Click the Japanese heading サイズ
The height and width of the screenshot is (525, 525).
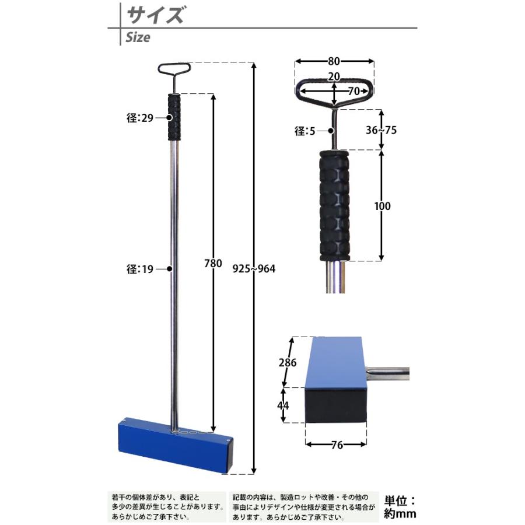tap(155, 14)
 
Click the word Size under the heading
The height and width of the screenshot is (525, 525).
tap(138, 38)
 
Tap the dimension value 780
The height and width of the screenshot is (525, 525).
tap(213, 263)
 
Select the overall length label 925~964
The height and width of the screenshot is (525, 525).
tap(254, 269)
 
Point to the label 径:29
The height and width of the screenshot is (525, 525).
tap(139, 118)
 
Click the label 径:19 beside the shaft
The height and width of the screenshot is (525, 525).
tap(139, 269)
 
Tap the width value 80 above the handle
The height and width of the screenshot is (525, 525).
tap(334, 61)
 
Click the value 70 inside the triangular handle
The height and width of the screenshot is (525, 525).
tap(353, 91)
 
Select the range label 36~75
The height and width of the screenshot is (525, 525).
tap(381, 130)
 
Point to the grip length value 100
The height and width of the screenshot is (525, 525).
tap(383, 206)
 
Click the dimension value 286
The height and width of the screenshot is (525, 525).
tap(288, 362)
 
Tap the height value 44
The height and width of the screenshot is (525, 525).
tap(283, 404)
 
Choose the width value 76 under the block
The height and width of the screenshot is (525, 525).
tap(336, 445)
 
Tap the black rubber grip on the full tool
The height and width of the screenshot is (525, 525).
tap(174, 117)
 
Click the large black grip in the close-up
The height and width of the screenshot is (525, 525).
tap(334, 205)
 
